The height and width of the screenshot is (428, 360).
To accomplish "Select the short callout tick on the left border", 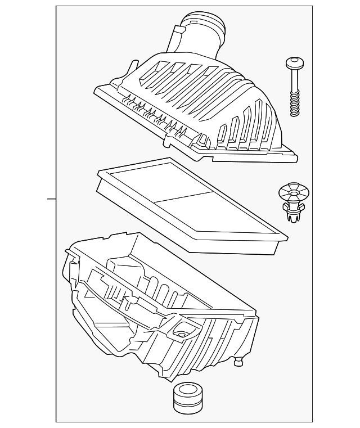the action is pyautogui.click(x=51, y=199).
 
